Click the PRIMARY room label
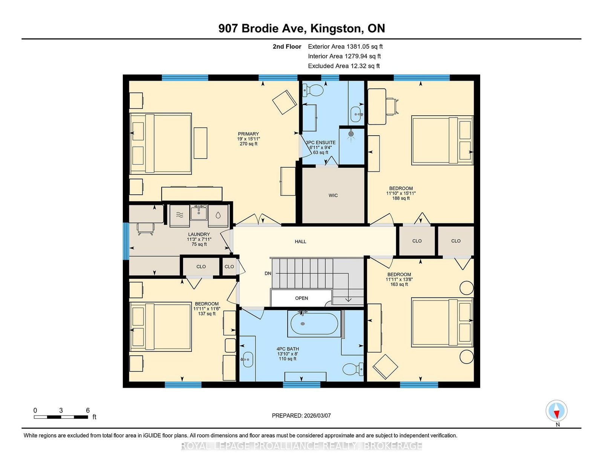(248, 134)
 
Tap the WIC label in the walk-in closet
(333, 195)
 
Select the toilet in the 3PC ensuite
(313, 90)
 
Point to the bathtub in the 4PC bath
(314, 324)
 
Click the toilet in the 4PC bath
(353, 369)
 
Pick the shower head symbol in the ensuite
(351, 134)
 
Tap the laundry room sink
(199, 212)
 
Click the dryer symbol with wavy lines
(179, 215)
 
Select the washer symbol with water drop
(218, 215)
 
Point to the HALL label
(300, 241)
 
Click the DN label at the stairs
(268, 273)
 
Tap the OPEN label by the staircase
(301, 298)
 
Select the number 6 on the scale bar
(88, 410)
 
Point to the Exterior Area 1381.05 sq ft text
(345, 47)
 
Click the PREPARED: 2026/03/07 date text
(301, 416)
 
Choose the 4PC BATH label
(288, 349)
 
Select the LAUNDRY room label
(199, 234)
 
